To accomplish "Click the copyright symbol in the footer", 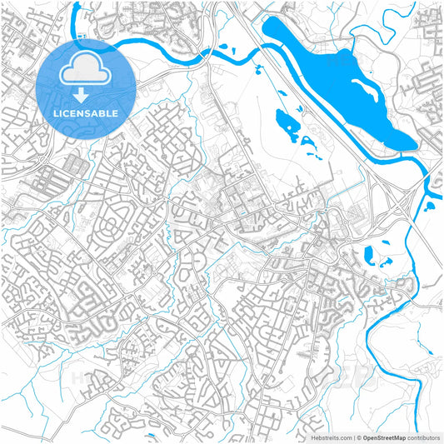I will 358,437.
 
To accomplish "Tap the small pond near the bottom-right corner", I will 427,353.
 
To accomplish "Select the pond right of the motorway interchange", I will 431,200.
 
